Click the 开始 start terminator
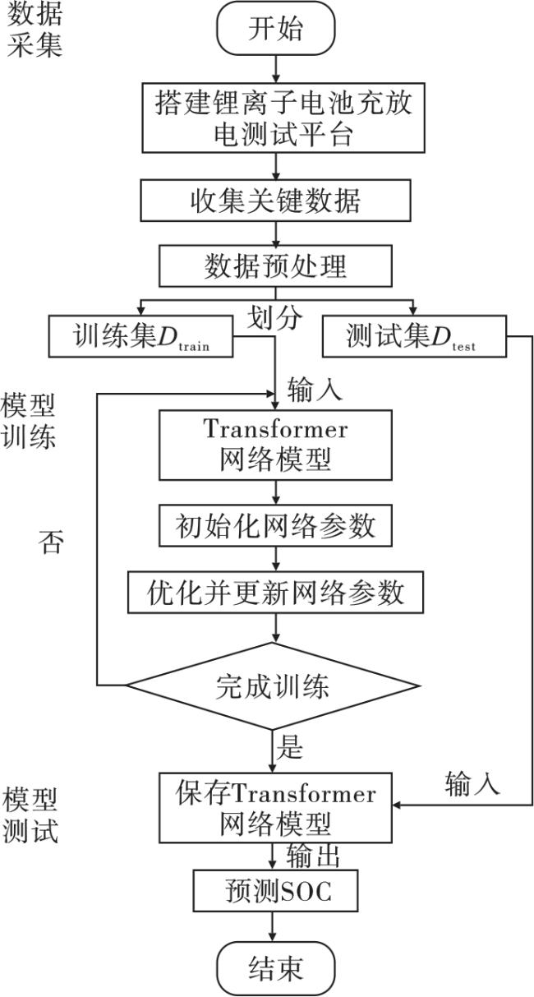pos(275,29)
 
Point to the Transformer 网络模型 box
pos(275,445)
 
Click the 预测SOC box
pos(275,891)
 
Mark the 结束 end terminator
pos(275,967)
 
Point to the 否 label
pos(50,542)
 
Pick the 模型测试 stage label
pos(30,814)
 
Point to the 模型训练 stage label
pos(30,420)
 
